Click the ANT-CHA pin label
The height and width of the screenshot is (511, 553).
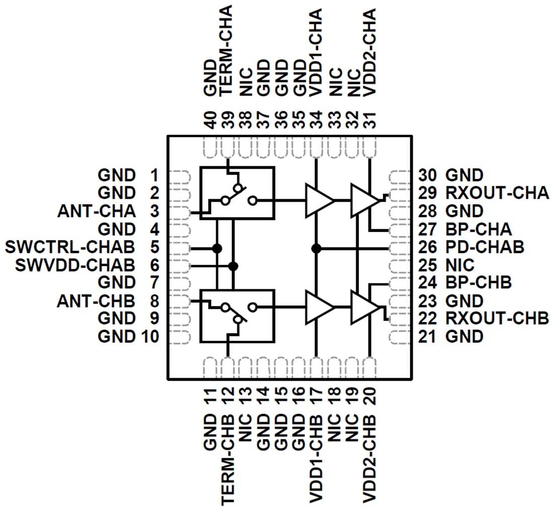point(97,211)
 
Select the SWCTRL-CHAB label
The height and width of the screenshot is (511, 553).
point(69,247)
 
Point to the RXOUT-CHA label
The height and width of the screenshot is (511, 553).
point(497,193)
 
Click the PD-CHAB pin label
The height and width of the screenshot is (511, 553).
point(485,247)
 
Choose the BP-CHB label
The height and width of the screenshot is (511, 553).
point(478,282)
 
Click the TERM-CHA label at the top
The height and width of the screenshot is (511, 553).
point(227,50)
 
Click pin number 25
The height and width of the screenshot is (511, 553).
point(427,265)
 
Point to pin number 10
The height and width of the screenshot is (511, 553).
point(149,336)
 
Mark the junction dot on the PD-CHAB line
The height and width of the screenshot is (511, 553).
point(316,248)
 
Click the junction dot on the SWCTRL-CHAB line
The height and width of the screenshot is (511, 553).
point(217,248)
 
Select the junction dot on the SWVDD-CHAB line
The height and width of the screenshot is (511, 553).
point(233,266)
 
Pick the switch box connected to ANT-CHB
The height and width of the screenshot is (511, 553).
point(237,316)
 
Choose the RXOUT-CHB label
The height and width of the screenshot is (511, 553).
point(497,318)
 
